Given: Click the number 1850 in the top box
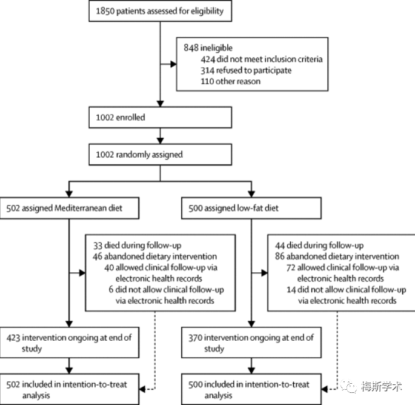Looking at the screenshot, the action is coord(105,11).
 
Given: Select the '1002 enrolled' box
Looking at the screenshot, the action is coord(160,118).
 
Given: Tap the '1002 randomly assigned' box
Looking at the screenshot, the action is coord(160,155).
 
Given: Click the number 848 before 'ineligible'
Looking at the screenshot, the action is coord(191,48).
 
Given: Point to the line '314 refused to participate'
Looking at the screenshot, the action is coord(246,70).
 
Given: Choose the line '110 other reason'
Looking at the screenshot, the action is coord(230,81).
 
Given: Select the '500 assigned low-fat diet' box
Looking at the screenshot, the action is coord(251,208).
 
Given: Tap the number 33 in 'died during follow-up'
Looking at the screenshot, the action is coord(98,246).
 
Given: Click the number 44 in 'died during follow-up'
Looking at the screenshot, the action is coord(280,246).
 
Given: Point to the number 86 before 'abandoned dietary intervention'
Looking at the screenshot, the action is coord(280,256).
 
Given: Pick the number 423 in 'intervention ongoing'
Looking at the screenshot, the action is coord(13,338).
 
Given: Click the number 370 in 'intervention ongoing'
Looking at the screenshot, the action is coord(195,338).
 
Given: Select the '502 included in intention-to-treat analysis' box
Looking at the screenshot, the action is coord(69,389).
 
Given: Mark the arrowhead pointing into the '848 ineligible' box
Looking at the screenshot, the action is coord(173,64).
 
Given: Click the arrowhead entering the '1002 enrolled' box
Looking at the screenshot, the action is coord(160,104).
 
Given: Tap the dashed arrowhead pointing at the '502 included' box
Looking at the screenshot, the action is coord(142,389).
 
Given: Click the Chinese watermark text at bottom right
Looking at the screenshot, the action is coord(382,387).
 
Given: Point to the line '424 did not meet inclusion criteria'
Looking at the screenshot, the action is coord(262,59).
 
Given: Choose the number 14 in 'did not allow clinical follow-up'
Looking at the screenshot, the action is coord(291,290).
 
